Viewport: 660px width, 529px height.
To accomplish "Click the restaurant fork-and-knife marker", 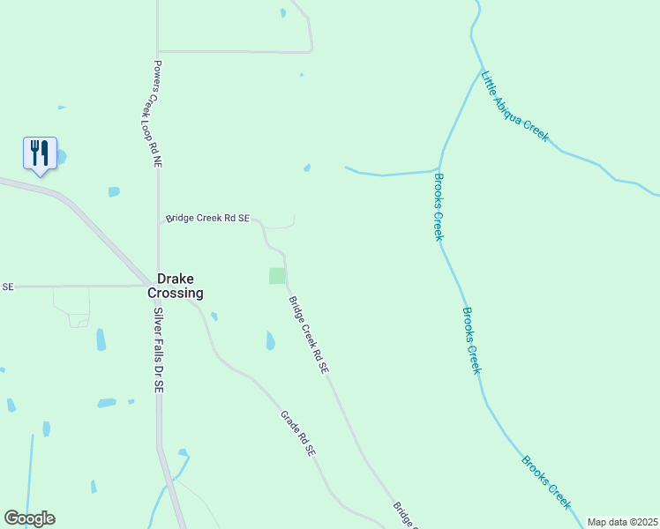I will coord(40,153).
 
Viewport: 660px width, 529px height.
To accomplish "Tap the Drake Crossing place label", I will coord(180,285).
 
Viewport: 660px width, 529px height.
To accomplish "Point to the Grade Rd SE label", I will coord(297,433).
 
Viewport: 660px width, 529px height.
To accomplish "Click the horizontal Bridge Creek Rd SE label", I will coord(208,218).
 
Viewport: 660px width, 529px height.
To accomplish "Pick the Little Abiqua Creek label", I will coord(514,107).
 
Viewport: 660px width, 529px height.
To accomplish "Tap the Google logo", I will coord(29,518).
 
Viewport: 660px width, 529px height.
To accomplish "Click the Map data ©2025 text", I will coord(621,522).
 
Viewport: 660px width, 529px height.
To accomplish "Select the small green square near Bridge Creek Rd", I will coord(277,276).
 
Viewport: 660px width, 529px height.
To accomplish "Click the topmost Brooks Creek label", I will coord(438,206).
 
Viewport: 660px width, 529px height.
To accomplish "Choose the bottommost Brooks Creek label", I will coord(546,482).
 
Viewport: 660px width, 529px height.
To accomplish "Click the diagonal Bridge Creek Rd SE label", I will coord(309,335).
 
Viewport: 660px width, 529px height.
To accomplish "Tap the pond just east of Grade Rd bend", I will coord(270,340).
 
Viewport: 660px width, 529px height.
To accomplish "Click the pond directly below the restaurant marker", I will coord(114,191).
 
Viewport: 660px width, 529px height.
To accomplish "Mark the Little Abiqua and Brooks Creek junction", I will coord(482,71).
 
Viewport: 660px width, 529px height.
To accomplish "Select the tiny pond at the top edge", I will coord(282,13).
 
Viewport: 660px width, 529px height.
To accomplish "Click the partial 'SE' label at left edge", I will coord(8,287).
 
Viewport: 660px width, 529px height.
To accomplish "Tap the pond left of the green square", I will coord(214,317).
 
